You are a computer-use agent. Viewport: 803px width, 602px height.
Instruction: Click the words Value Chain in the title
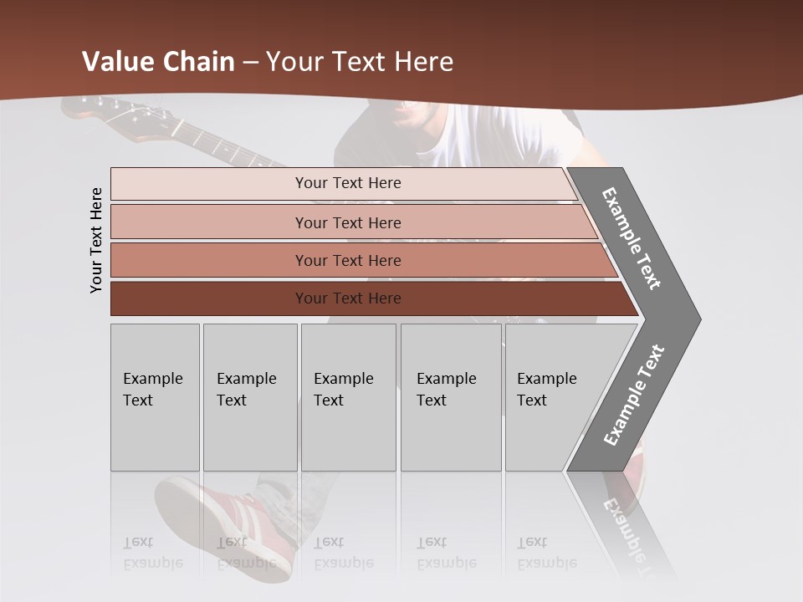point(158,62)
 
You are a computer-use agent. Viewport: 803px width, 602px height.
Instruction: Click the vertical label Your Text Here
point(96,240)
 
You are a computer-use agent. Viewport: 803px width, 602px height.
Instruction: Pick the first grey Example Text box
point(155,397)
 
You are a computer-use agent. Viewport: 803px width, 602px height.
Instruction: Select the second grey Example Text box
point(250,397)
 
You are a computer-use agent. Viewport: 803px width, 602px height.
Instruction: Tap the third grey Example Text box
point(348,397)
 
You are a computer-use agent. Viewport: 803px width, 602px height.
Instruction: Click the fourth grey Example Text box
point(452,397)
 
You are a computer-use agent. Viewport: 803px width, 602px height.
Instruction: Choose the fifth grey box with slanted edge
point(556,397)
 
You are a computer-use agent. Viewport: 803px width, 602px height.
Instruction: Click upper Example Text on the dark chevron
point(632,238)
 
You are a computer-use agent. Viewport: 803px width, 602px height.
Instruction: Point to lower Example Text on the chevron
point(634,395)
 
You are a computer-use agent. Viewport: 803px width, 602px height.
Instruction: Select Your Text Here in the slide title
point(360,62)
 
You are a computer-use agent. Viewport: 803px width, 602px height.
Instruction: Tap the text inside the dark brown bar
point(348,298)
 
